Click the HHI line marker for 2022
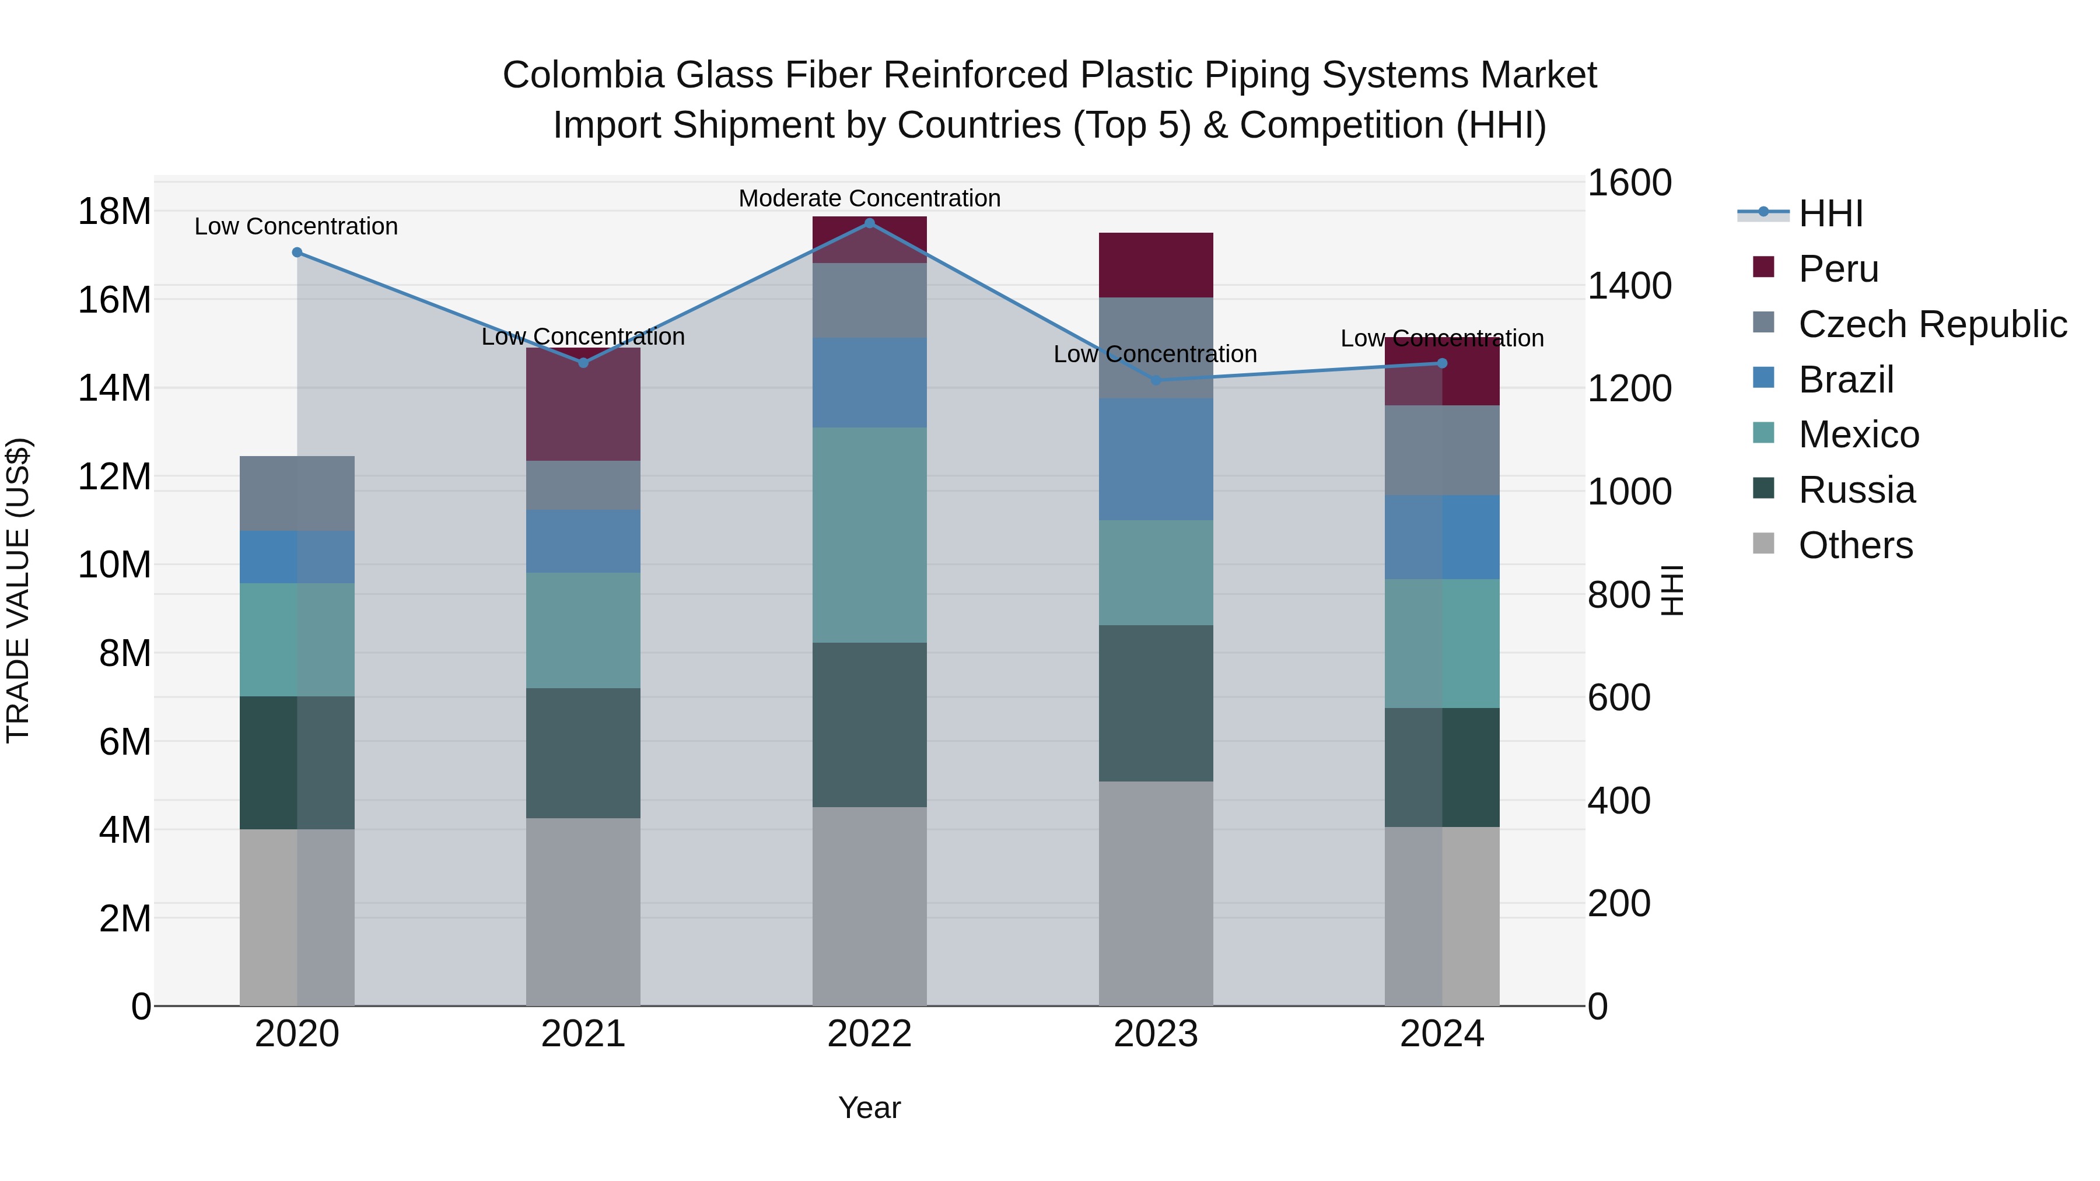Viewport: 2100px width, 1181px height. (869, 223)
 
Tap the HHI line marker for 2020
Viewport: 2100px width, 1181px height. (297, 253)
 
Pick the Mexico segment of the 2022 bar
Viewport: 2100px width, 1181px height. (869, 535)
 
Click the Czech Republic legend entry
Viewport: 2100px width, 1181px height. (1932, 324)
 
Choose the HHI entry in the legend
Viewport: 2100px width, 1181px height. (1830, 213)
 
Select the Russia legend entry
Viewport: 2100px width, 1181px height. (1856, 490)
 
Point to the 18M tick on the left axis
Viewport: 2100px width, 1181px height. (114, 212)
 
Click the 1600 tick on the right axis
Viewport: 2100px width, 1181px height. (1629, 183)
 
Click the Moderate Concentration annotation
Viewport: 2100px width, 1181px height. (869, 198)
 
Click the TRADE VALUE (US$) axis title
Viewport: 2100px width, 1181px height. (19, 590)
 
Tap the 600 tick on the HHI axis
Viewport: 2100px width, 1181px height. (1618, 698)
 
